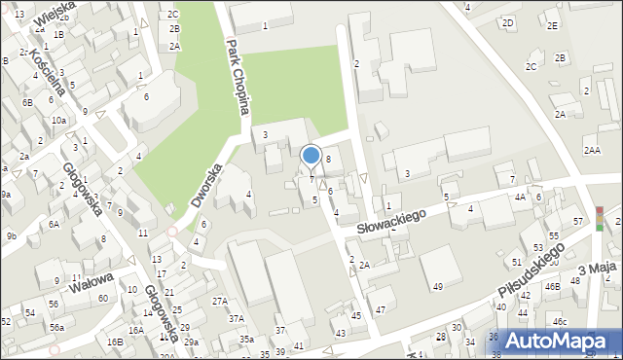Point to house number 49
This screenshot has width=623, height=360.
click(438, 286)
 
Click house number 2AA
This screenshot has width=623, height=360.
click(592, 150)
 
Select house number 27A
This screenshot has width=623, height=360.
click(220, 302)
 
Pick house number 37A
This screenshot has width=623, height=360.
click(236, 319)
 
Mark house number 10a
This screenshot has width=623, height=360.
click(58, 120)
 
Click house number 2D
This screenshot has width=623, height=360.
click(507, 22)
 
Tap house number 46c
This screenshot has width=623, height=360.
click(559, 321)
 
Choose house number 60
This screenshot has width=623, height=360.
click(103, 298)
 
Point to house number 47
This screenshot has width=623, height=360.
click(381, 309)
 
